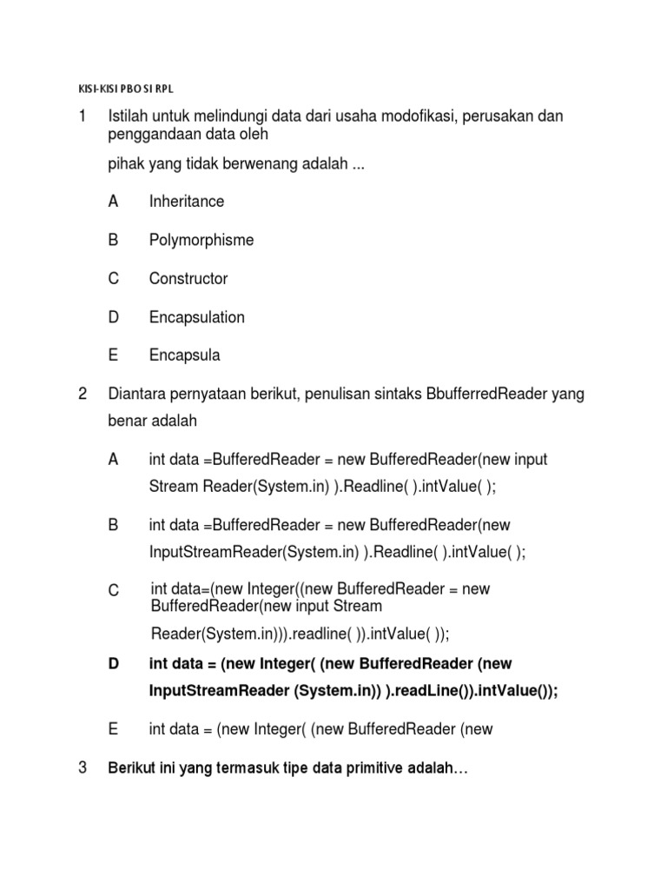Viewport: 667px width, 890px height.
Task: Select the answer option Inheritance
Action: tap(186, 202)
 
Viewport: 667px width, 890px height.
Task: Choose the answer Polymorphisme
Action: tap(201, 240)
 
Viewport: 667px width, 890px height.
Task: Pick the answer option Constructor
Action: tap(188, 279)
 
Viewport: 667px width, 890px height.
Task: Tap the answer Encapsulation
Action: tap(197, 317)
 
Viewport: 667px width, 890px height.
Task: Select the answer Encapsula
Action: tap(185, 355)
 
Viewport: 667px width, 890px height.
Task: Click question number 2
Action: tap(83, 395)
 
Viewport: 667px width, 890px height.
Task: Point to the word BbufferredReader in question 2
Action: tap(486, 395)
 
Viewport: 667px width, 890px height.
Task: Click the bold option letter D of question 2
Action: tap(114, 664)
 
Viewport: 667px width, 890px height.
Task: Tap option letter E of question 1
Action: tap(113, 355)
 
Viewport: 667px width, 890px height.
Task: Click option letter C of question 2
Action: tap(114, 591)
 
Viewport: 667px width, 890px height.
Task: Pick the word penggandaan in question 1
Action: tap(149, 136)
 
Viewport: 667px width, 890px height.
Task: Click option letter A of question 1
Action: tap(113, 202)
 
